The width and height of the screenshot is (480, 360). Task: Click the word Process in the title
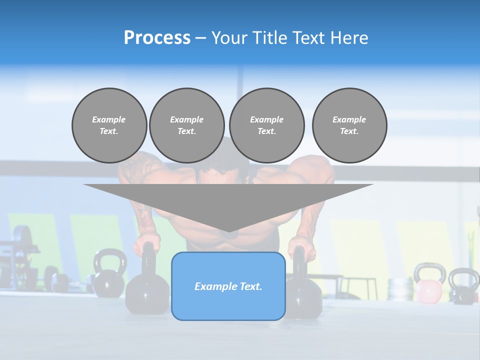157,37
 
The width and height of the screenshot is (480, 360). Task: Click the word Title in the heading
269,37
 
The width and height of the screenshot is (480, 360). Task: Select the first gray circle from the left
109,125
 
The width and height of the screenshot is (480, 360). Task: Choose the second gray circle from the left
186,125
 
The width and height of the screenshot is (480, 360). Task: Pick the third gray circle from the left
266,125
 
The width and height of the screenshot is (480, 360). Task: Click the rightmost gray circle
349,125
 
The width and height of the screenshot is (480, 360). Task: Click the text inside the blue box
228,286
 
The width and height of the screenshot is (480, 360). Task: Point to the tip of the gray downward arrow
228,231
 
